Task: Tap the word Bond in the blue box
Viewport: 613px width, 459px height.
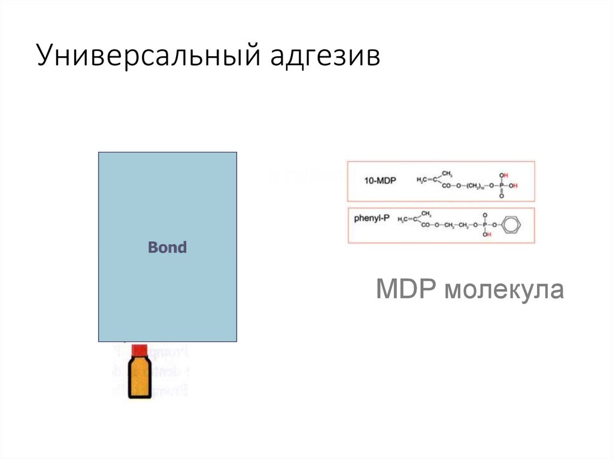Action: pyautogui.click(x=167, y=247)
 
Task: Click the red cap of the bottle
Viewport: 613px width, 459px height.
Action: pyautogui.click(x=139, y=349)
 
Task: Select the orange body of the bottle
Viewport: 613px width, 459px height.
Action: pyautogui.click(x=139, y=378)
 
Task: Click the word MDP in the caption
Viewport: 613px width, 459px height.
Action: pyautogui.click(x=405, y=291)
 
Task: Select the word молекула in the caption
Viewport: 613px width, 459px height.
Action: pyautogui.click(x=503, y=291)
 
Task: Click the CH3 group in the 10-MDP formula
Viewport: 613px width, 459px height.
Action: pyautogui.click(x=447, y=174)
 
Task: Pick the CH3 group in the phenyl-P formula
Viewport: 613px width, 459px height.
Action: pyautogui.click(x=426, y=213)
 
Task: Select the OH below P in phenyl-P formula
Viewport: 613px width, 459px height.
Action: pyautogui.click(x=486, y=235)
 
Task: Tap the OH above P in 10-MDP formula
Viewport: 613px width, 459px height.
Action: pyautogui.click(x=503, y=175)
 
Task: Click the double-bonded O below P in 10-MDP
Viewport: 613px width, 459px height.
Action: pyautogui.click(x=502, y=196)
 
